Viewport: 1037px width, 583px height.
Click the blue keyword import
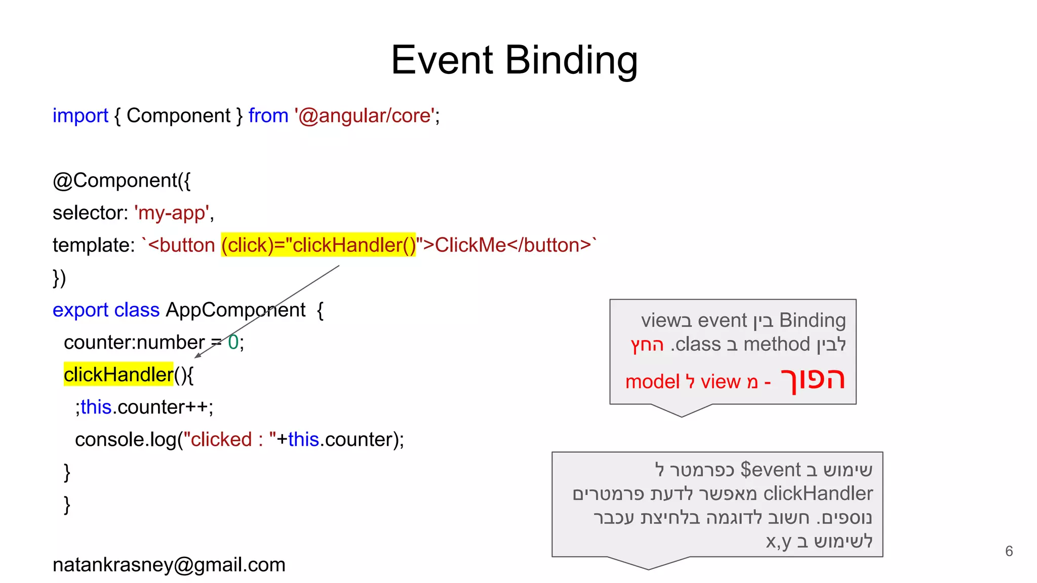pos(80,116)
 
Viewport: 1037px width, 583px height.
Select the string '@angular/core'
pos(364,116)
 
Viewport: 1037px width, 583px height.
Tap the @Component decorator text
pos(122,181)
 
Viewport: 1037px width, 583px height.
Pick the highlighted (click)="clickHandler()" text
pos(318,245)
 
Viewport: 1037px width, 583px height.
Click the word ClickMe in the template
pos(470,245)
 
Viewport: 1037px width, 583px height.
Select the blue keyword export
pos(81,310)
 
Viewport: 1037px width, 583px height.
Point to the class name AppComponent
pos(235,310)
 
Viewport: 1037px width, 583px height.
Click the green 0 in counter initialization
pos(233,343)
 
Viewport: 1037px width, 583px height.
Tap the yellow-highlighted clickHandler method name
pos(118,375)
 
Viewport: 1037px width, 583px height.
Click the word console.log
pos(126,440)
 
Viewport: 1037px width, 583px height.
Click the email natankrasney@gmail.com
pos(169,565)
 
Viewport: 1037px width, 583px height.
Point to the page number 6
pos(1009,551)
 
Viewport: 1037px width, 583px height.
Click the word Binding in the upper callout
pos(812,320)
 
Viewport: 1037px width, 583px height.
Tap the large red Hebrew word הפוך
pos(813,380)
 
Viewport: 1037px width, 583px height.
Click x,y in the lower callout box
pos(778,542)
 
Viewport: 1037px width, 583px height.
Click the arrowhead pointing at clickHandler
pos(197,355)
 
